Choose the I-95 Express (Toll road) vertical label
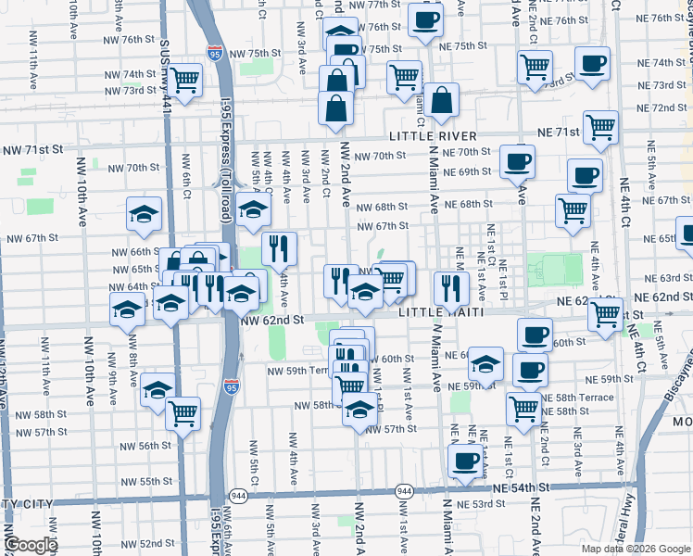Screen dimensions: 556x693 coord(225,213)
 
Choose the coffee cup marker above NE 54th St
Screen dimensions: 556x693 coord(465,460)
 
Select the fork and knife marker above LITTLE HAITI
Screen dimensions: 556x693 coord(451,286)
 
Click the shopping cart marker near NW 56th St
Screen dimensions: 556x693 coord(183,411)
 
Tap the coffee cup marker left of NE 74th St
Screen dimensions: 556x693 coord(591,64)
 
